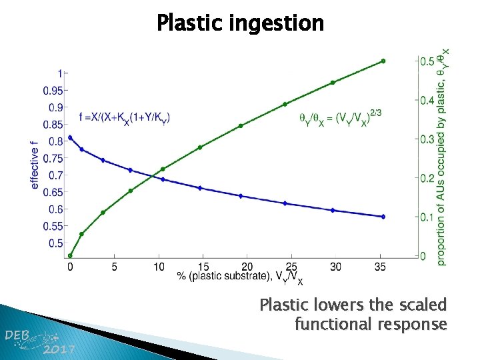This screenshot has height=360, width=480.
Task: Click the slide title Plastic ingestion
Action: (240, 23)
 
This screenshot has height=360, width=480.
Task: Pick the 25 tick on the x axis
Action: (291, 267)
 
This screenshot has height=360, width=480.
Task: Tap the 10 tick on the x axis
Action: (159, 267)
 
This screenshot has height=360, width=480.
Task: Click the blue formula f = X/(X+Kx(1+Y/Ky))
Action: (124, 117)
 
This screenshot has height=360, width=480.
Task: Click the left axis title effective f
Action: (35, 164)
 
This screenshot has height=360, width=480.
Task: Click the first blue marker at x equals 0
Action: (70, 137)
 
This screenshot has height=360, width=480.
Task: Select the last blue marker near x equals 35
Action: (383, 217)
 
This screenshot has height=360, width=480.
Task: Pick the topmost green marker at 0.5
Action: (383, 61)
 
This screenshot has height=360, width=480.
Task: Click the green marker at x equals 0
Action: (70, 255)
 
